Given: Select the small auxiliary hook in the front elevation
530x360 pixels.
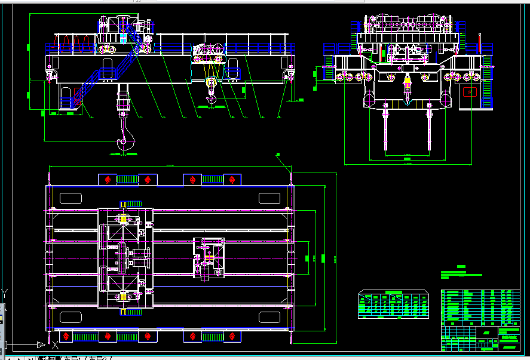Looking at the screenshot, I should click(x=210, y=99).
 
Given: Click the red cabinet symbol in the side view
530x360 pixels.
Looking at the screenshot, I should click(x=470, y=93).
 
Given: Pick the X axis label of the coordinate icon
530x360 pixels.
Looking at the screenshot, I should click(x=54, y=345).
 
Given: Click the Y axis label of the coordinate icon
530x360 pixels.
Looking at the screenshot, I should click(x=5, y=293).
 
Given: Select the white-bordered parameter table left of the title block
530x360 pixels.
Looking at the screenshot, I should click(x=393, y=304).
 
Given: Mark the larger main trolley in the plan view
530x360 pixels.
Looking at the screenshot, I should click(x=124, y=258).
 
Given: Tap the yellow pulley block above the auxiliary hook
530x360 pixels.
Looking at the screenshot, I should click(x=210, y=84).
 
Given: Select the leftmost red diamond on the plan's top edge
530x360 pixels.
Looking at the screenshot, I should click(x=108, y=180).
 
